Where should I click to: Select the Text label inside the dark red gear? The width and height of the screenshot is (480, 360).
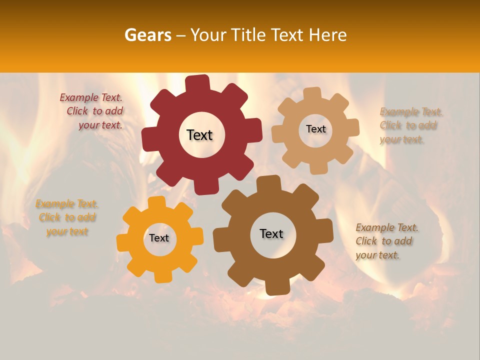tap(199, 135)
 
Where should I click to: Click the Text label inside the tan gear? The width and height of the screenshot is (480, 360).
tap(315, 129)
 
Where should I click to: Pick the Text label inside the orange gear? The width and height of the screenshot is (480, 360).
tap(159, 238)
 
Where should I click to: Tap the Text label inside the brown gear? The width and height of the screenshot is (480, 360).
tap(271, 234)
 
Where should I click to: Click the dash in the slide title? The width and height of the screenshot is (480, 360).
tap(182, 35)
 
